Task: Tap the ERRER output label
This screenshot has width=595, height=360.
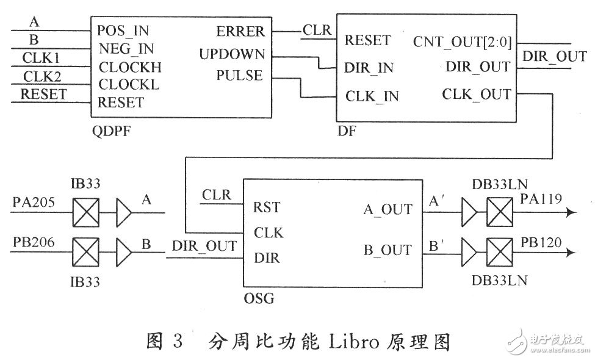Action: tap(240, 32)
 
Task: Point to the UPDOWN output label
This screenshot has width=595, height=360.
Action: tap(232, 54)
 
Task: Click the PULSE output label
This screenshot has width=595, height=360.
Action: tap(239, 76)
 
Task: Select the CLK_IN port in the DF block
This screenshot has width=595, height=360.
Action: tap(372, 96)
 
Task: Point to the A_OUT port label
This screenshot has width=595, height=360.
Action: tap(388, 209)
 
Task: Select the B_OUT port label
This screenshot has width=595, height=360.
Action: tap(388, 250)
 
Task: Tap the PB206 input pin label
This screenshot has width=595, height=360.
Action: tap(34, 242)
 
